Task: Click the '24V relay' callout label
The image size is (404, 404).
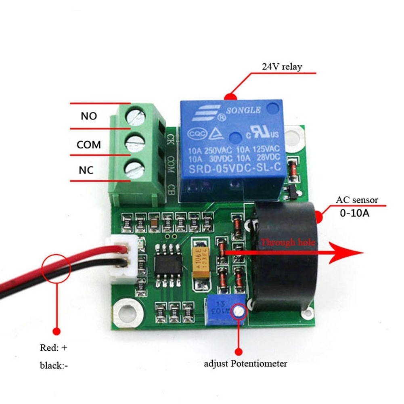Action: click(x=281, y=67)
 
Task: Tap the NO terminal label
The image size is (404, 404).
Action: click(x=89, y=116)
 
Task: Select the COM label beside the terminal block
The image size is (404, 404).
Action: click(x=89, y=144)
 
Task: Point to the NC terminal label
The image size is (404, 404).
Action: click(x=86, y=170)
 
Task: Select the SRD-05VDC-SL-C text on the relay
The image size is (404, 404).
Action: click(x=234, y=170)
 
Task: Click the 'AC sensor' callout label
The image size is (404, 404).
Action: click(x=357, y=200)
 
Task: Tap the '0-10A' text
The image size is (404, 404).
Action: click(x=354, y=213)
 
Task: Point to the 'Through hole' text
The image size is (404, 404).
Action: click(x=287, y=243)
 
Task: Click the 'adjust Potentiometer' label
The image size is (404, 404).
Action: click(x=245, y=364)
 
